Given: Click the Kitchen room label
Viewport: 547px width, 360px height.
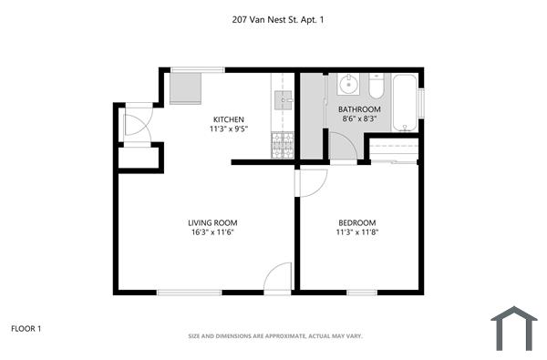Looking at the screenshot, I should [x=228, y=119].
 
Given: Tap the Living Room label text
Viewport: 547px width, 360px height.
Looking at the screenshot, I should [x=205, y=223].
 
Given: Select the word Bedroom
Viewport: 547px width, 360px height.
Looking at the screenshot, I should [x=356, y=223].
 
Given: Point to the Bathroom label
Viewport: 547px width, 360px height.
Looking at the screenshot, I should [x=360, y=108].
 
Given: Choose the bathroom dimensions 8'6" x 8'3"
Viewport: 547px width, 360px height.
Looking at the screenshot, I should [x=360, y=118].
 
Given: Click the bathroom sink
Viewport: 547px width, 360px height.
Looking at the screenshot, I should [x=347, y=87].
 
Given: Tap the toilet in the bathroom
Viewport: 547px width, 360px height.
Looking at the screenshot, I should [x=377, y=88].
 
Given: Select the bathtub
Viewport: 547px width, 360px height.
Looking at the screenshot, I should [x=406, y=102].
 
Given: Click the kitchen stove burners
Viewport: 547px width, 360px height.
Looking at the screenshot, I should [x=282, y=142].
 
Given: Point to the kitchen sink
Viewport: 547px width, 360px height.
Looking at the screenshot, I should [x=282, y=99].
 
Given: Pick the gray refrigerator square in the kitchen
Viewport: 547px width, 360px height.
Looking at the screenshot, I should [x=188, y=89].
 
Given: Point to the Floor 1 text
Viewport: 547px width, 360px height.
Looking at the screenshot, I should [x=26, y=328].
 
